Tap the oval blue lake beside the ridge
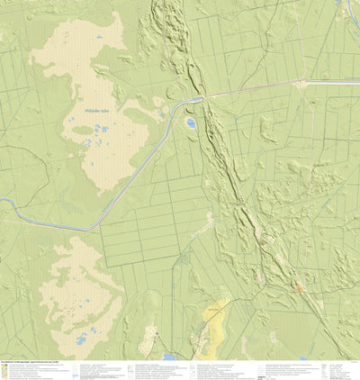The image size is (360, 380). pos(191,122)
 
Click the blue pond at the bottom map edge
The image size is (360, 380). pos(170,357)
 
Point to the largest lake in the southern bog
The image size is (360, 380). pos(83,340)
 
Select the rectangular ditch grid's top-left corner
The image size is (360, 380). pos(101,221)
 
